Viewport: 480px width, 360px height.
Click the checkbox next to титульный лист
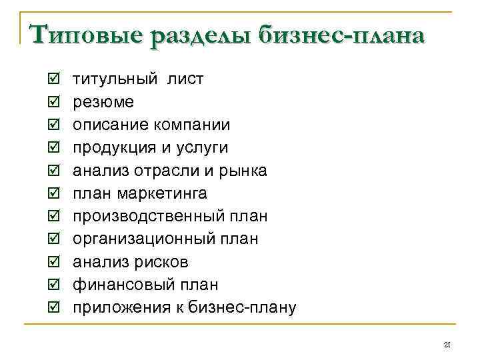54,80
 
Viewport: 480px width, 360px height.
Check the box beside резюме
54,103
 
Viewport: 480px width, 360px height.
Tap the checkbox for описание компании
54,125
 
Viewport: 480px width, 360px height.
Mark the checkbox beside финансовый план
54,285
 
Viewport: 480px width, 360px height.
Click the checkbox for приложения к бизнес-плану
54,308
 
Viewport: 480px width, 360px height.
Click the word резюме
103,103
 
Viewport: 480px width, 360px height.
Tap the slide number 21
447,344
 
